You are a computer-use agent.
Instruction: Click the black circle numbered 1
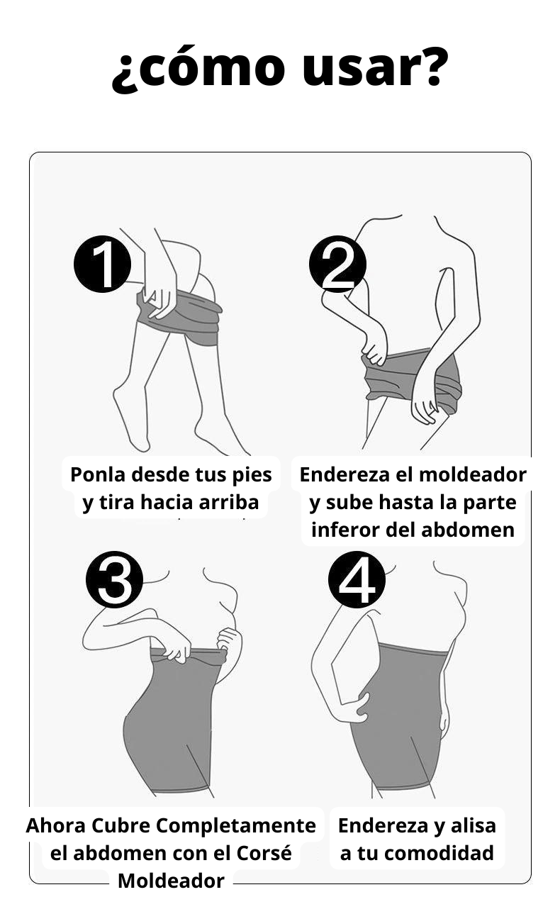pos(103,264)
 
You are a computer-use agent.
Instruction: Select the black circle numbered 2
pos(337,264)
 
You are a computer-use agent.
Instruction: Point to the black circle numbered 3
pos(115,580)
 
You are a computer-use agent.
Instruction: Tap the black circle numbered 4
pos(357,580)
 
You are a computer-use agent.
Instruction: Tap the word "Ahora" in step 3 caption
pos(53,826)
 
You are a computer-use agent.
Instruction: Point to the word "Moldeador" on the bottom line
pos(171,881)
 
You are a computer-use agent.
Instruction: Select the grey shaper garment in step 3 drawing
pos(170,723)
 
